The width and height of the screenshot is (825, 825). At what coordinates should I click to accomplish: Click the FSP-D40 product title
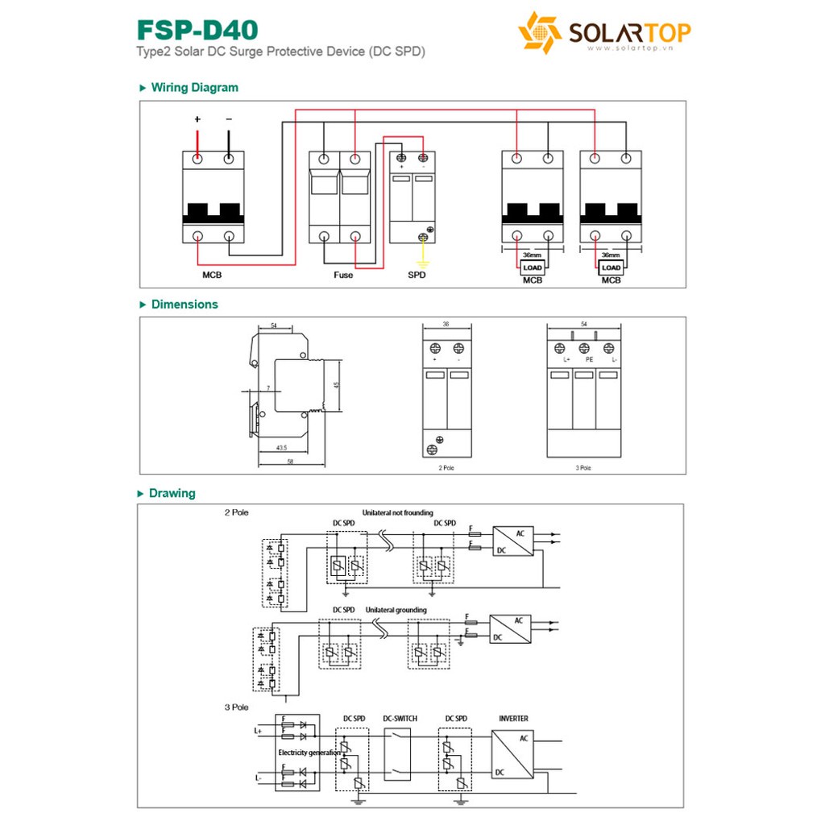[197, 30]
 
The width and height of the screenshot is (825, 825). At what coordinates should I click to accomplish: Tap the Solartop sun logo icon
[539, 33]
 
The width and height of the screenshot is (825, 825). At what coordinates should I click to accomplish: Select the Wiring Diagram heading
[194, 88]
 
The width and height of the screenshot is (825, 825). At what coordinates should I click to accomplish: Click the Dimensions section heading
[184, 305]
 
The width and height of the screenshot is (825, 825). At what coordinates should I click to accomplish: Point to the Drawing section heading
[172, 493]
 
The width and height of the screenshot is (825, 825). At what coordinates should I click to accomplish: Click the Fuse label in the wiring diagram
[343, 276]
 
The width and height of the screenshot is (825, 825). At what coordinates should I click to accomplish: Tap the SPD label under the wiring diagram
[417, 276]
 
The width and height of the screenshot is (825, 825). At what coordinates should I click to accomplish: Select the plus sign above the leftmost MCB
[197, 120]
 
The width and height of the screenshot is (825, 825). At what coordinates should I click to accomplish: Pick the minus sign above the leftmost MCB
[229, 120]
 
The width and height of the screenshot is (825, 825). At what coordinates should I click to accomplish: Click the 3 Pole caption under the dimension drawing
[583, 467]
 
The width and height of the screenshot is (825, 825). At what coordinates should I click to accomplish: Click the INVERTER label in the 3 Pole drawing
[513, 718]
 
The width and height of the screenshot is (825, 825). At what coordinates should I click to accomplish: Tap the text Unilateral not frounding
[397, 512]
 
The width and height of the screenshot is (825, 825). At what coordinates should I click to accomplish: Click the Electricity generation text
[309, 752]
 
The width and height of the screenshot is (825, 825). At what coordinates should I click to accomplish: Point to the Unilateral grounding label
[396, 610]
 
